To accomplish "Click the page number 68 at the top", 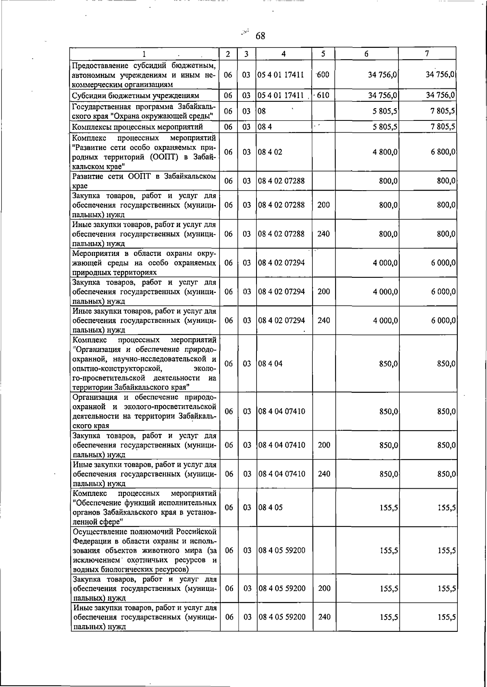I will (260, 36).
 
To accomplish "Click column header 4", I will (283, 54).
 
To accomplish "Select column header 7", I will (427, 54).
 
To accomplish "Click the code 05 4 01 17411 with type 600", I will (281, 75).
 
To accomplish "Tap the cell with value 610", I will (323, 95).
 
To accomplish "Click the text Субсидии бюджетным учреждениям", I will (136, 96).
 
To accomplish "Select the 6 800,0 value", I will (443, 152).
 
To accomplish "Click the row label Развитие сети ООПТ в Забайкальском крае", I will (144, 181).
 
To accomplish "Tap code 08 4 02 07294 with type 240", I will (282, 320).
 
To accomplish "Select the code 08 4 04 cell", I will (270, 363).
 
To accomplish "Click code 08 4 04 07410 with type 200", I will (282, 445).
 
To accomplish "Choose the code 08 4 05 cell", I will (270, 507).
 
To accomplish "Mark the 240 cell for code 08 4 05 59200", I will (324, 617).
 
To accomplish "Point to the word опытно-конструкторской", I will (118, 369).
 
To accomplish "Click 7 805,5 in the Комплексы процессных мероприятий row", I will (443, 127).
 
